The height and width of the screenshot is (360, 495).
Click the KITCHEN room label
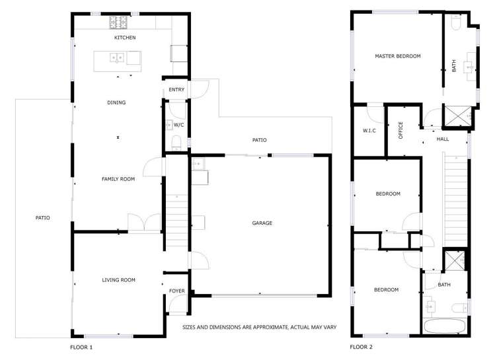coord(125,38)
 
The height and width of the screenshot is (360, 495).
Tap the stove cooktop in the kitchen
coord(119,22)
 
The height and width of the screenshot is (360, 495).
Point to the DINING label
coord(116,102)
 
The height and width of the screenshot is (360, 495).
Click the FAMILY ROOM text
coord(118,179)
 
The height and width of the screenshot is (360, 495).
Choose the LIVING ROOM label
coord(119,280)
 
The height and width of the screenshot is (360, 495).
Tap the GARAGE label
coord(262,223)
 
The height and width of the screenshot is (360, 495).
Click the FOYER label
coord(177,291)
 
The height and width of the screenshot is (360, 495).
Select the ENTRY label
coord(176,90)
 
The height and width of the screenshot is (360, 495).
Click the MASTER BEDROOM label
coord(397,56)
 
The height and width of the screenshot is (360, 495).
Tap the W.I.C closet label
coord(369,131)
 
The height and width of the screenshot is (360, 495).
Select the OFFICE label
coord(400,130)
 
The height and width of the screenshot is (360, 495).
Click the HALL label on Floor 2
coord(443,139)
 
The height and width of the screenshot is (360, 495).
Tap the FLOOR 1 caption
coord(81,346)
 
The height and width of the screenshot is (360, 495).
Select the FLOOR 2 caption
coord(362,346)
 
